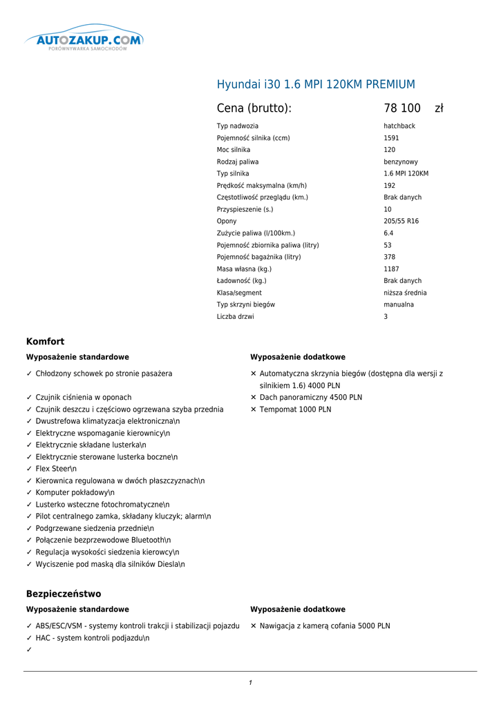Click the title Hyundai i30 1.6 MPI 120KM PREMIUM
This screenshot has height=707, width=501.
point(316,85)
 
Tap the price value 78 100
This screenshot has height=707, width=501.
point(402,108)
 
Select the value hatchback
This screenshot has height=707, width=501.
point(399,126)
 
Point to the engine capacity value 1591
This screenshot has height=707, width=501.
point(391,138)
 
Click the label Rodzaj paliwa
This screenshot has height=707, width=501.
point(238,162)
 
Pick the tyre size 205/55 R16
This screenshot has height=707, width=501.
point(401,222)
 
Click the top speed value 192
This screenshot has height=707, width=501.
point(390,186)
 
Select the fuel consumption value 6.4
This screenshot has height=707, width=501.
point(388,233)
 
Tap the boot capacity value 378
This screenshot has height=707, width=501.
point(390,258)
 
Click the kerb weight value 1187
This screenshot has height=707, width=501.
point(391,269)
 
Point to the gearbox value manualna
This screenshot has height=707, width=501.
point(399,305)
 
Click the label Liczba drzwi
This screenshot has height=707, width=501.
point(235,317)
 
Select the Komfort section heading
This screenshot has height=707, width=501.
point(45,342)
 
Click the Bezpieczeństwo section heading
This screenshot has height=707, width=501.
point(64,594)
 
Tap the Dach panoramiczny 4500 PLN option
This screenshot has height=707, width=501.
point(310,398)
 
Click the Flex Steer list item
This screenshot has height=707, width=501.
point(56,469)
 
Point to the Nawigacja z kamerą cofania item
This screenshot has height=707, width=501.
point(324,626)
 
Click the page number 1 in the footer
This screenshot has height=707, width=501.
point(250,683)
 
